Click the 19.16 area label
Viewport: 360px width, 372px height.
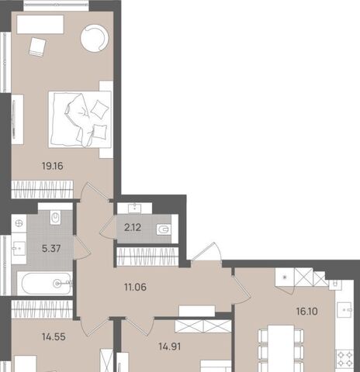53,166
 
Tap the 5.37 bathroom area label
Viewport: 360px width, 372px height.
51,249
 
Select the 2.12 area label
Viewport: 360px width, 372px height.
133,228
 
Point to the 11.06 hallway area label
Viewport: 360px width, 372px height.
135,287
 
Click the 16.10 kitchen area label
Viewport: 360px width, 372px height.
307,312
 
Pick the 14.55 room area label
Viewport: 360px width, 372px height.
54,337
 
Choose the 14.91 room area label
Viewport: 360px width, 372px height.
170,346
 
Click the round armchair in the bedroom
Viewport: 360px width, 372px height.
95,38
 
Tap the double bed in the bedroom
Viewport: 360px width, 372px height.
80,119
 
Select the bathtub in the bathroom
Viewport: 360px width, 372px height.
47,284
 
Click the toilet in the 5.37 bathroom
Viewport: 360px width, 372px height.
55,218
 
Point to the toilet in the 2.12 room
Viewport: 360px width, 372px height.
164,229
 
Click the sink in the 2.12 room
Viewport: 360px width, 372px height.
135,208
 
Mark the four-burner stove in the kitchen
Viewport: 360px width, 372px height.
344,359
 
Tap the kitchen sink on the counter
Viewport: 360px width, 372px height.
344,309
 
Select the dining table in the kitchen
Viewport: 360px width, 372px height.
281,349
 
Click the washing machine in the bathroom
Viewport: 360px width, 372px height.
19,223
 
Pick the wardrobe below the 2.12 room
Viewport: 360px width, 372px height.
147,257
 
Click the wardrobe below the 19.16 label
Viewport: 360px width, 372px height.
43,189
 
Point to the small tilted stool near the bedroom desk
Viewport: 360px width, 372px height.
37,46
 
